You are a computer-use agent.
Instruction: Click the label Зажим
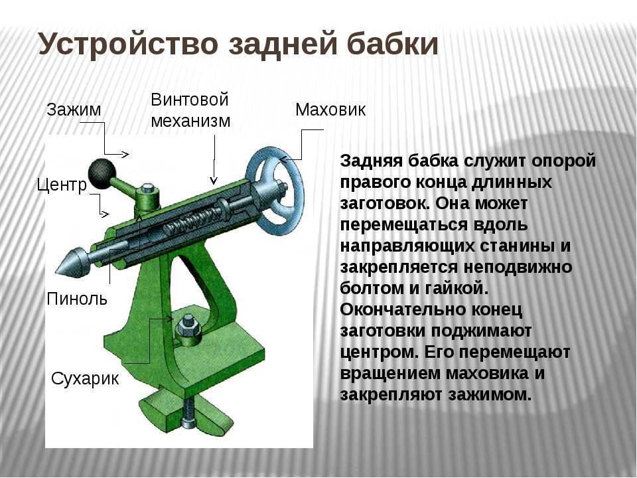(74, 110)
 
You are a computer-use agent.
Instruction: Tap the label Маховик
(330, 110)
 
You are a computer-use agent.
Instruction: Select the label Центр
(62, 185)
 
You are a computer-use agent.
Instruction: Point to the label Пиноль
(77, 299)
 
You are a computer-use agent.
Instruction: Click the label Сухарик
(85, 379)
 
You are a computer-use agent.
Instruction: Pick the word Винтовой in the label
(190, 100)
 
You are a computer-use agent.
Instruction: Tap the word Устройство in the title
(128, 44)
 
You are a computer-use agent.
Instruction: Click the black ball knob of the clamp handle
(102, 173)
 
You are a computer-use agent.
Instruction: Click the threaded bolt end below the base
(188, 414)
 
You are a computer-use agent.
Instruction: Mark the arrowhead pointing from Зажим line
(125, 155)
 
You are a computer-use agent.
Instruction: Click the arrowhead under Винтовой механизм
(214, 180)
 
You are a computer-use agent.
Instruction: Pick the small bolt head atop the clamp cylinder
(147, 188)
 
